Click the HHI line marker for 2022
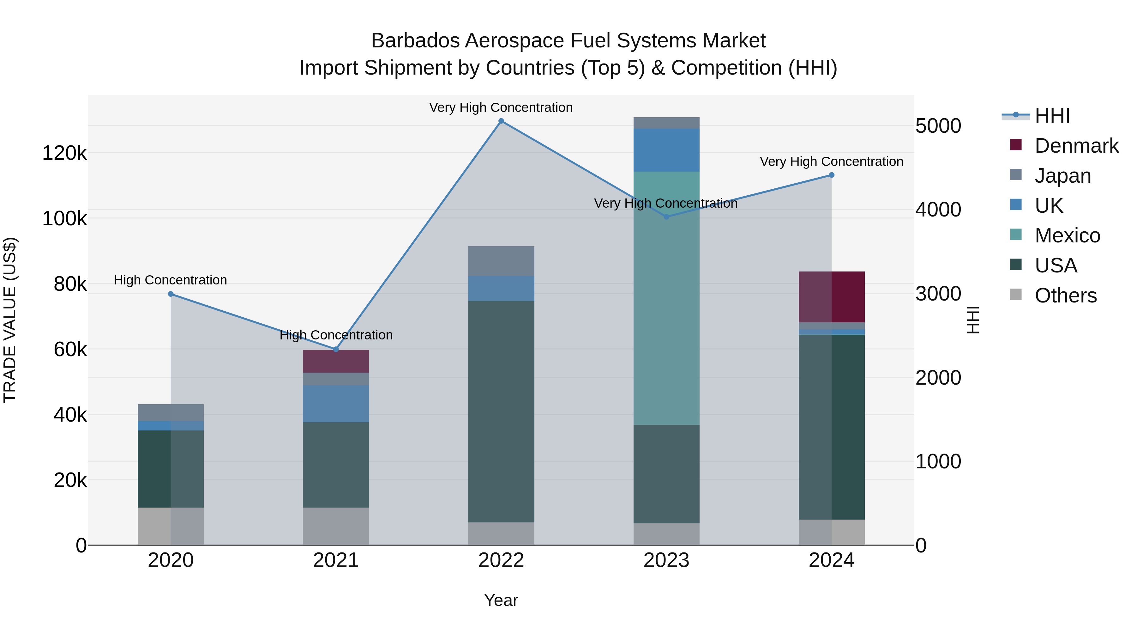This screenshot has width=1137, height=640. tap(501, 121)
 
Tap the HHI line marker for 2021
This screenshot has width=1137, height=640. tap(336, 349)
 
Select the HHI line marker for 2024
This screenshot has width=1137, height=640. tap(832, 175)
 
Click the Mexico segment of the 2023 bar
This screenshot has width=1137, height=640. tap(666, 298)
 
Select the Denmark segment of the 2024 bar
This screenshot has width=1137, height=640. tap(832, 297)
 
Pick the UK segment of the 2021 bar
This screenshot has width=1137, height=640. tap(336, 404)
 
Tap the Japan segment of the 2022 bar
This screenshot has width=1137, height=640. tap(501, 261)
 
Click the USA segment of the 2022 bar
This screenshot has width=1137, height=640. tap(501, 411)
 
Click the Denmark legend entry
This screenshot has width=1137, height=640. tap(1076, 146)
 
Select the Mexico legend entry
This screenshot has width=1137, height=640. tap(1067, 235)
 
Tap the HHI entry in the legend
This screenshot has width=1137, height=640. tap(1052, 116)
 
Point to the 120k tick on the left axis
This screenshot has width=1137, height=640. tap(64, 154)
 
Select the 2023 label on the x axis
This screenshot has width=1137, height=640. tap(666, 560)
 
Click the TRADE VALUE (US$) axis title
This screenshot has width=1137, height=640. tap(10, 320)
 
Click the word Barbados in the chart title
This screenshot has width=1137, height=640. tap(415, 41)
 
